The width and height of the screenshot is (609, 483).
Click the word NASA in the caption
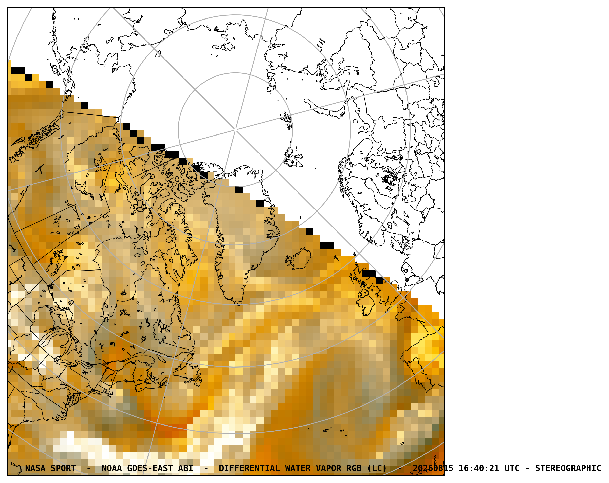coord(35,468)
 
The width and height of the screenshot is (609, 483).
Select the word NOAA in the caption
coord(112,468)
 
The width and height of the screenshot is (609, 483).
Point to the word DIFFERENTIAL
coord(249,468)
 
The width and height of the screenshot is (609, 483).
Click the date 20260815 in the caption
coord(433,468)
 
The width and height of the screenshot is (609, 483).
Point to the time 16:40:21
coord(479,468)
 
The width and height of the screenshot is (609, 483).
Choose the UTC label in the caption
coord(512,468)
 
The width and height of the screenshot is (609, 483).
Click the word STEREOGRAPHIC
coord(568,468)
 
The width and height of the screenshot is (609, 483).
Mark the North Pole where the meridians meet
coord(235,130)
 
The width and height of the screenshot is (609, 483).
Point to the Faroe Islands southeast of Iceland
coord(336,258)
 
